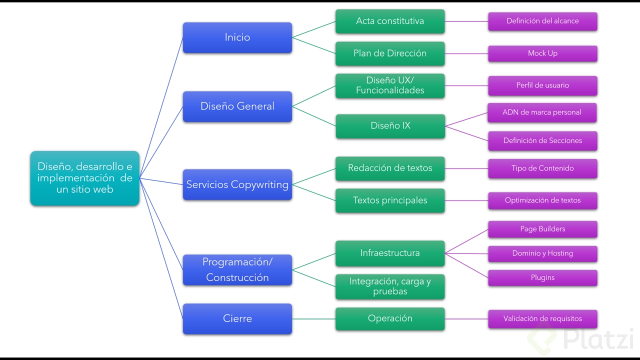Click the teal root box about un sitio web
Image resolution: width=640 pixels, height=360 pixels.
[84, 178]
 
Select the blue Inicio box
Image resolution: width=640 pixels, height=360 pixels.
[237, 37]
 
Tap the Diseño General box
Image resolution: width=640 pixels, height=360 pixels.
[237, 106]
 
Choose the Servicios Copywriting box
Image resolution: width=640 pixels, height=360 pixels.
[237, 184]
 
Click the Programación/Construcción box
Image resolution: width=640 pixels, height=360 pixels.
[237, 270]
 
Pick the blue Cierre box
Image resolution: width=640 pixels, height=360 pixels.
[237, 318]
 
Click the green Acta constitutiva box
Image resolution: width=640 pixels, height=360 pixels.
[390, 21]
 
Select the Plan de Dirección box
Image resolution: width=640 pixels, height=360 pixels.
[390, 53]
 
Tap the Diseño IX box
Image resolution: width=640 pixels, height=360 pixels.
[390, 126]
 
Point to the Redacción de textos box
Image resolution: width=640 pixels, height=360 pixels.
[390, 168]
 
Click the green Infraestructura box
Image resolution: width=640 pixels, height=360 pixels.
[390, 253]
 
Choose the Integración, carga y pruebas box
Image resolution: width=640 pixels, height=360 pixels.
[390, 286]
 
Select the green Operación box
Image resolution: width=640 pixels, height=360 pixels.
[390, 318]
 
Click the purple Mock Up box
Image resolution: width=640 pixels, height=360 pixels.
[542, 53]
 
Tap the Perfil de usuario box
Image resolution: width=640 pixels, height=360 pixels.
[542, 85]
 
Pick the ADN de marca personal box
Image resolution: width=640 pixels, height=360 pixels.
[542, 112]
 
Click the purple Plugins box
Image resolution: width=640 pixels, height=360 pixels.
[542, 277]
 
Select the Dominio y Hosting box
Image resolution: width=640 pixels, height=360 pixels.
[542, 253]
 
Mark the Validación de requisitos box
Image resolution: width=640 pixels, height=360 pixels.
[542, 318]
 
